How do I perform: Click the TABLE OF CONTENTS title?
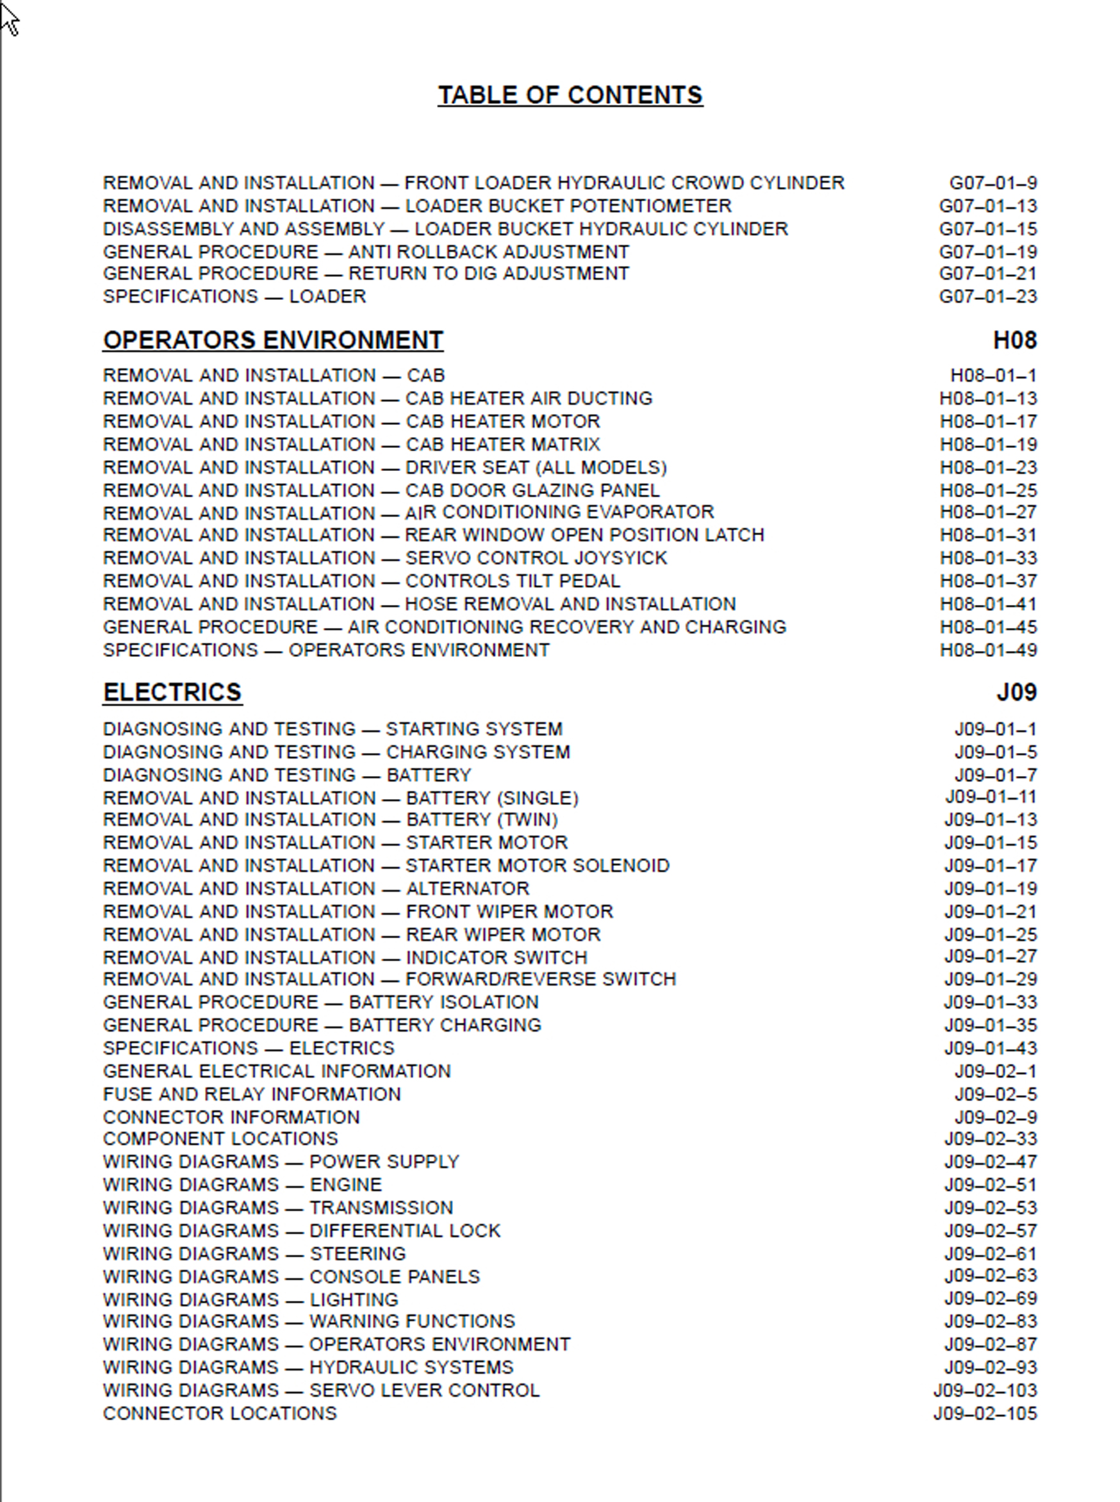570,95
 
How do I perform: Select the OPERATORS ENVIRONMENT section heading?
272,340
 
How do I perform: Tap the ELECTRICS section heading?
172,691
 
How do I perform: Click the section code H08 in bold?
1014,340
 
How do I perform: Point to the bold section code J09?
1016,691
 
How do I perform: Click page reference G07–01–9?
992,183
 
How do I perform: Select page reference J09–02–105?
984,1413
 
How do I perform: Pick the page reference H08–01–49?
988,650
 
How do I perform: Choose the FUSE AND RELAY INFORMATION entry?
252,1094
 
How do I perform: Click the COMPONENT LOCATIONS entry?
220,1139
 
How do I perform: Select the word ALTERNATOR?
467,888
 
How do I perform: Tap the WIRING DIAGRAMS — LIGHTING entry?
250,1300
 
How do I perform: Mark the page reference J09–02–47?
990,1162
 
